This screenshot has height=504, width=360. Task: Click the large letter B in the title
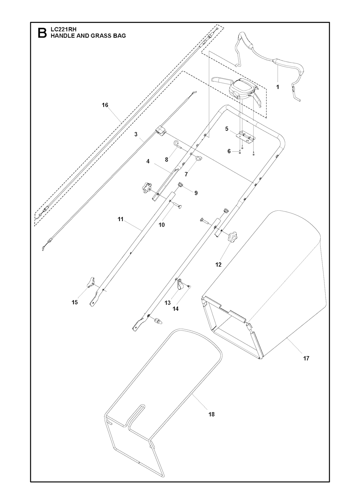(x=42, y=33)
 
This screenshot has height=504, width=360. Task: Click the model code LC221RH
(x=64, y=30)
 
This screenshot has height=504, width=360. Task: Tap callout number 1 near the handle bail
(x=277, y=87)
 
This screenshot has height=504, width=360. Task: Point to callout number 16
(x=105, y=105)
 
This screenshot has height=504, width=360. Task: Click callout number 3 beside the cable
(x=136, y=134)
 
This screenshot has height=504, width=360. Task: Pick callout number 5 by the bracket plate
(x=227, y=129)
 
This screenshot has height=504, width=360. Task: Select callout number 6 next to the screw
(x=229, y=151)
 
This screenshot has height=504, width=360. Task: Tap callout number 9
(x=196, y=193)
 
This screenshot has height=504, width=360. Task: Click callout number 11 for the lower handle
(x=121, y=219)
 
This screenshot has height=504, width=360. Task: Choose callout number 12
(x=219, y=264)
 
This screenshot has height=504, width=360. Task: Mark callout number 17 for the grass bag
(x=306, y=358)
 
